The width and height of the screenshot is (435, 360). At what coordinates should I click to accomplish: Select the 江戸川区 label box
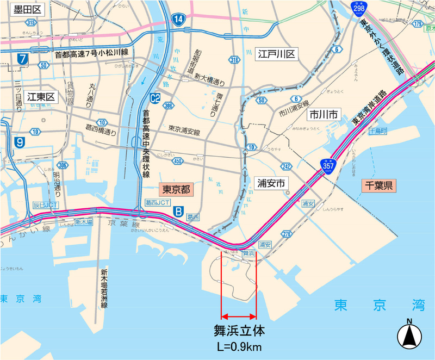pos(276,54)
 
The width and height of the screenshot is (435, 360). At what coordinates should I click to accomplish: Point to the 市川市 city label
pos(322,114)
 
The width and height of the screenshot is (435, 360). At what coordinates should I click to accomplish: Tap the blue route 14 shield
pos(178,19)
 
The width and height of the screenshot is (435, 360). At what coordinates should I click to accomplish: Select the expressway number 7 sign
pos(22,59)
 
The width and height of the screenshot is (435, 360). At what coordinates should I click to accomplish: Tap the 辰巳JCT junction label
pos(45,205)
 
